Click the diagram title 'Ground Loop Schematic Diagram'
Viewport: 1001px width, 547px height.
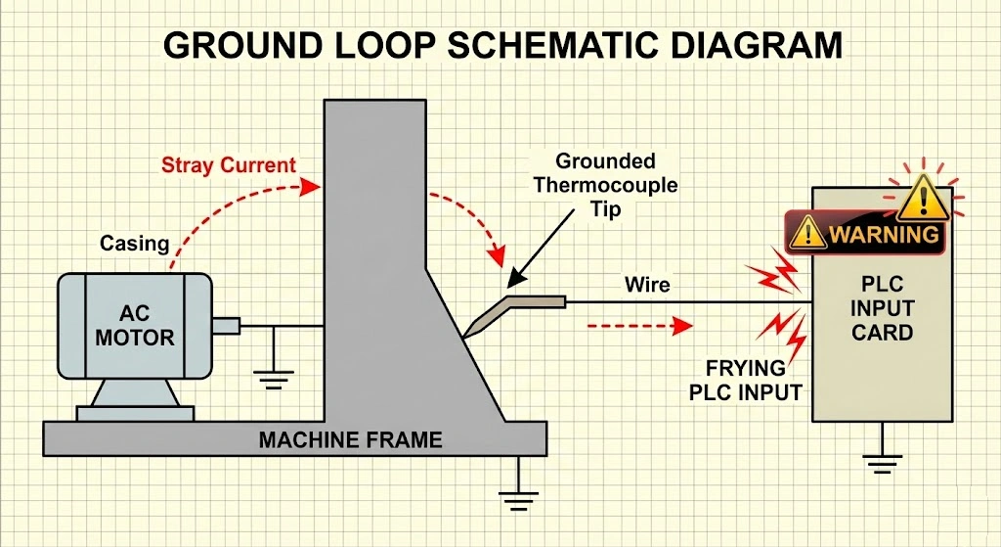500,45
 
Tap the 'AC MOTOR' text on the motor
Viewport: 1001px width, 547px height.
135,327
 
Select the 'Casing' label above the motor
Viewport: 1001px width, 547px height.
135,243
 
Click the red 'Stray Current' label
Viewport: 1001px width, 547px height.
229,164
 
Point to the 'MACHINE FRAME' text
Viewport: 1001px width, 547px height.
350,440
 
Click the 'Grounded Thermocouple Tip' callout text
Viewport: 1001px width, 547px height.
605,184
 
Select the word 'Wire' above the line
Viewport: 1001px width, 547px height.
647,285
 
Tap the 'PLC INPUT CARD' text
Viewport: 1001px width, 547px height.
882,308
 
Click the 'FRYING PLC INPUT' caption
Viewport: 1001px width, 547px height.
746,381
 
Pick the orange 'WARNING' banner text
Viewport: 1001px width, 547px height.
884,235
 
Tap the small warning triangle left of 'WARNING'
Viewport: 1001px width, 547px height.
807,234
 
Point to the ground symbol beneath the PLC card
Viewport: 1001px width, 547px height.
884,460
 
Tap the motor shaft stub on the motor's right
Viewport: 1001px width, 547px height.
226,326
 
